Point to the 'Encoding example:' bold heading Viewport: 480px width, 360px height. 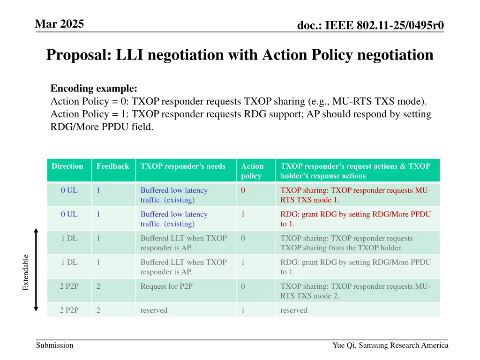(x=94, y=89)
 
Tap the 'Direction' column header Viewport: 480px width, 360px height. (x=67, y=166)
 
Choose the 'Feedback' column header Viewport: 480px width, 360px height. (x=112, y=166)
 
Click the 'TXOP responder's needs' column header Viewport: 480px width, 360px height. (x=183, y=166)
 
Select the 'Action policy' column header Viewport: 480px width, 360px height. (x=252, y=171)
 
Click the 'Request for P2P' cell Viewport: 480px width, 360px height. (x=166, y=286)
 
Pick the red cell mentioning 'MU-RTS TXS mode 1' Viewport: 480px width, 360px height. (x=355, y=195)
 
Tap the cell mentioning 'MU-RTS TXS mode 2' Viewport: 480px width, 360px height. (x=355, y=291)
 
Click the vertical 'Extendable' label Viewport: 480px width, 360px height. (x=26, y=272)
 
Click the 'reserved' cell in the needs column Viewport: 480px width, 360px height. (x=154, y=310)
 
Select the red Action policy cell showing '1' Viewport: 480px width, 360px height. (x=243, y=214)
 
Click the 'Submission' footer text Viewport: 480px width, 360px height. (x=55, y=345)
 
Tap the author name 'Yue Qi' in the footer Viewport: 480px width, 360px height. (x=343, y=345)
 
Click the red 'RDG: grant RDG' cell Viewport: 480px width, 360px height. (x=355, y=219)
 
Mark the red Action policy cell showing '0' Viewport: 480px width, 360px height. (x=243, y=190)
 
